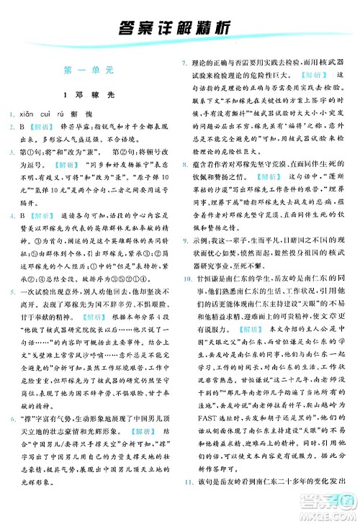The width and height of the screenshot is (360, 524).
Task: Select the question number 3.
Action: pyautogui.click(x=13, y=150)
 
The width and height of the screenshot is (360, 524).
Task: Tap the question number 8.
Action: pyautogui.click(x=186, y=184)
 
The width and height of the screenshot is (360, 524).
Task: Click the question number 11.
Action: pyautogui.click(x=187, y=500)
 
